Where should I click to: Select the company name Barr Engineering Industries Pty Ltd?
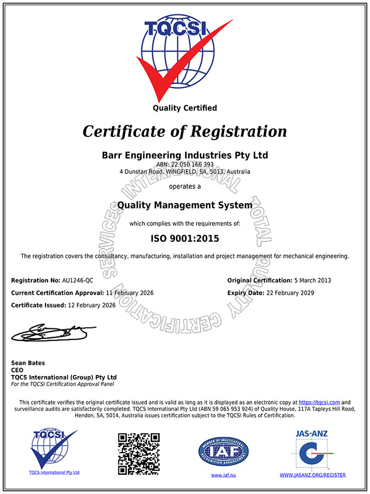click(x=184, y=155)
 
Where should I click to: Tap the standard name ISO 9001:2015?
click(x=184, y=238)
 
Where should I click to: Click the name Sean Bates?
click(x=28, y=363)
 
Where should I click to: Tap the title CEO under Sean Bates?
click(x=17, y=370)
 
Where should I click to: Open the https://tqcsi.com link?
click(x=319, y=402)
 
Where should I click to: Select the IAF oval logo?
click(x=223, y=451)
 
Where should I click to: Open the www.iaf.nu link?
click(x=223, y=475)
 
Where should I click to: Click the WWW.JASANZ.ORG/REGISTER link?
click(x=312, y=475)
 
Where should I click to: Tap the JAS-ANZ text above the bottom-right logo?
click(x=312, y=434)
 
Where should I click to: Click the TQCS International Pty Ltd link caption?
click(x=54, y=472)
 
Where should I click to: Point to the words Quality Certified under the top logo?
click(x=184, y=108)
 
